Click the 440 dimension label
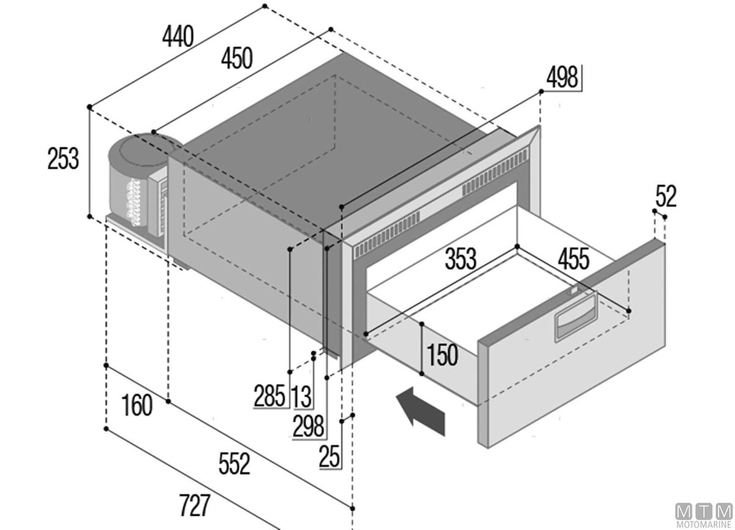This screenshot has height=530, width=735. pos(178,36)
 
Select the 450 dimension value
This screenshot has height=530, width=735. pos(237,58)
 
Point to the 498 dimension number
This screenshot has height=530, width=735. pos(562,77)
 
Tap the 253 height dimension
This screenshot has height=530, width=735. pos(63,159)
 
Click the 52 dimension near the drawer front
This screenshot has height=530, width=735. pos(666,196)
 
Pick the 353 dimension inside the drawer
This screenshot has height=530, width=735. pos(461,259)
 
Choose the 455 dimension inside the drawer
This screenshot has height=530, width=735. pos(573,259)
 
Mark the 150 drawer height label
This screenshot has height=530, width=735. pos(442,355)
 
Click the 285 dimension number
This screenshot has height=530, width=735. pos(269,396)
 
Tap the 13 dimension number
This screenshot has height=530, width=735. pos(301,397)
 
